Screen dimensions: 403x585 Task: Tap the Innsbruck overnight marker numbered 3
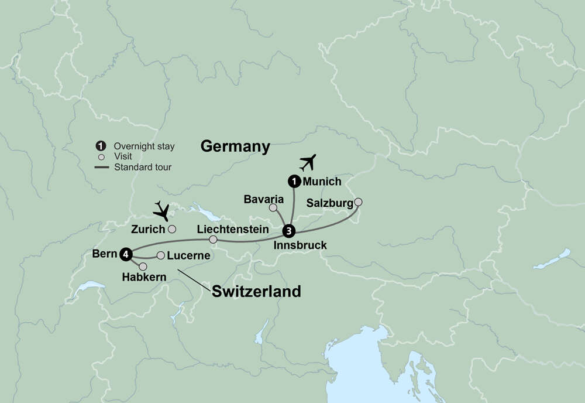(288, 230)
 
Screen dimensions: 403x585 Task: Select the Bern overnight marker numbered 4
(125, 254)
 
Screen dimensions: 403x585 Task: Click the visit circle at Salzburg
(358, 202)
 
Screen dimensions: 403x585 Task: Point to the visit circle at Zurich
(172, 229)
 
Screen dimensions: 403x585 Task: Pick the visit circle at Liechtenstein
(213, 240)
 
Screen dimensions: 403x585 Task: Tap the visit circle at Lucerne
(160, 255)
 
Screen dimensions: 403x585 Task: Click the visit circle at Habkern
(143, 267)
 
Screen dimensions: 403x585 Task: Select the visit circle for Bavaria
(273, 207)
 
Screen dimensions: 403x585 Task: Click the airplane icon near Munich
(307, 162)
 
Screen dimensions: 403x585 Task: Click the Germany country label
(235, 146)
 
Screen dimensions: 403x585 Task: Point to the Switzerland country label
(256, 291)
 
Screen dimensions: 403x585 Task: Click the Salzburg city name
(329, 203)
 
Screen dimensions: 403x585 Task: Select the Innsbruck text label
(300, 245)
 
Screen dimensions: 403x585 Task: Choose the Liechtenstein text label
(233, 229)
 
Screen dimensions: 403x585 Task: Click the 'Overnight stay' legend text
(144, 146)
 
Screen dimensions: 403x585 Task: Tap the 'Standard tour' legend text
(143, 167)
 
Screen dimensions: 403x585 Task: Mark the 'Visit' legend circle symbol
(101, 157)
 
